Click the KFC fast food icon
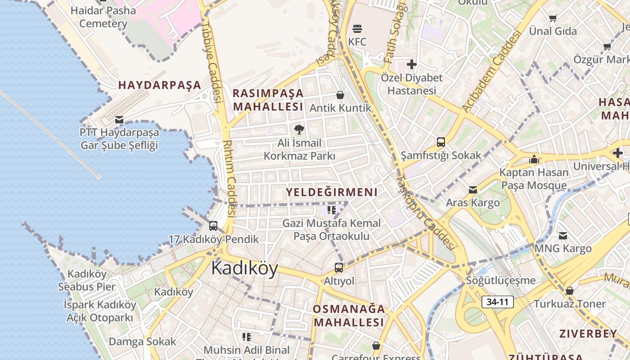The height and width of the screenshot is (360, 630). tap(357, 29)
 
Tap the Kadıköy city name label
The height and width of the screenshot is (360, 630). tap(244, 268)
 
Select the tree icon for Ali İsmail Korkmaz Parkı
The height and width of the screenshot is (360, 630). tap(299, 130)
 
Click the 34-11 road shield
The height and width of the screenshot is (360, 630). tap(497, 302)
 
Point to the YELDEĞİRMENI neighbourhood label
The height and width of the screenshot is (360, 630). tap(332, 193)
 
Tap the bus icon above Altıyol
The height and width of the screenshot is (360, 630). tap(339, 268)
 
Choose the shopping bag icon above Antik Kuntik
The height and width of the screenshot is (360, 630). tap(340, 95)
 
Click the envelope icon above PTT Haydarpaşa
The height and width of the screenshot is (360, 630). tap(119, 120)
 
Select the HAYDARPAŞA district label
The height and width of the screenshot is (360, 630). tap(159, 85)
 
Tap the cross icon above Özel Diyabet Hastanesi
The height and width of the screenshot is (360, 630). tap(411, 64)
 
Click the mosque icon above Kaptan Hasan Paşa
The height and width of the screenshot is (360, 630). tap(534, 159)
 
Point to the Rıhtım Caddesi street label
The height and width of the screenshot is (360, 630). tap(229, 178)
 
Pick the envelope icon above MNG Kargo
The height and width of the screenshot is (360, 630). tap(563, 235)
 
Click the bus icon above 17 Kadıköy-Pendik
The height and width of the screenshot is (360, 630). tap(213, 225)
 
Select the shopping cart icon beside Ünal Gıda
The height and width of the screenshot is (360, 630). tap(553, 18)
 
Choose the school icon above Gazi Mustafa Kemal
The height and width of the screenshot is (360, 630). tap(332, 210)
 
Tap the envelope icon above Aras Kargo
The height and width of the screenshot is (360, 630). tap(472, 190)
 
